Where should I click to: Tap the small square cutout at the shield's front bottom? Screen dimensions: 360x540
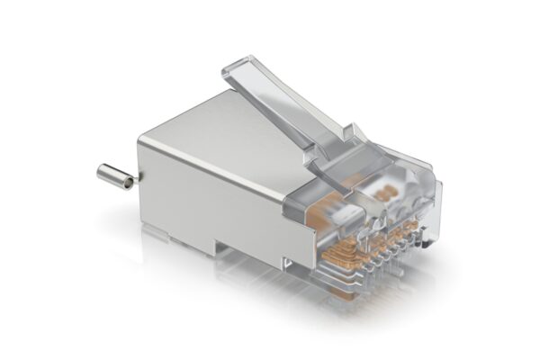coord(286,261)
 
